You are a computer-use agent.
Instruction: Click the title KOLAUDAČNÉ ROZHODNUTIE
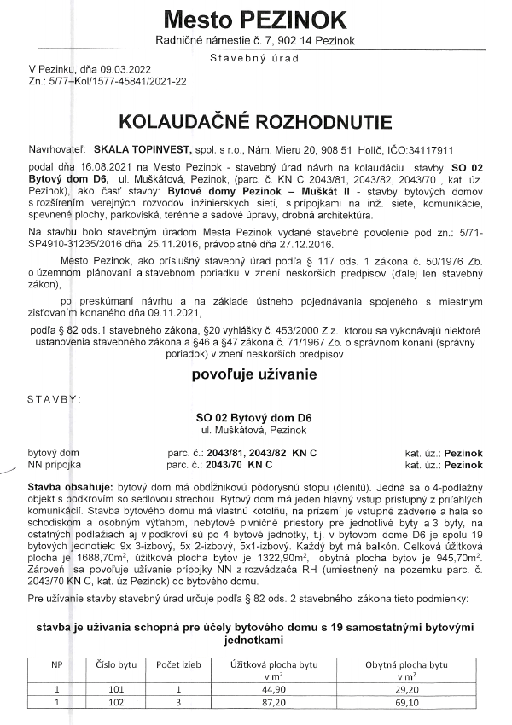(255, 117)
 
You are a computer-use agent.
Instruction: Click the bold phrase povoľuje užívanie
(255, 351)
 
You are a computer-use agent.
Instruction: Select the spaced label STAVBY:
(55, 374)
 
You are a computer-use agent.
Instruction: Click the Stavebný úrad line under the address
(255, 57)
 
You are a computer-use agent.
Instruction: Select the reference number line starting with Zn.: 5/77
(108, 81)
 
